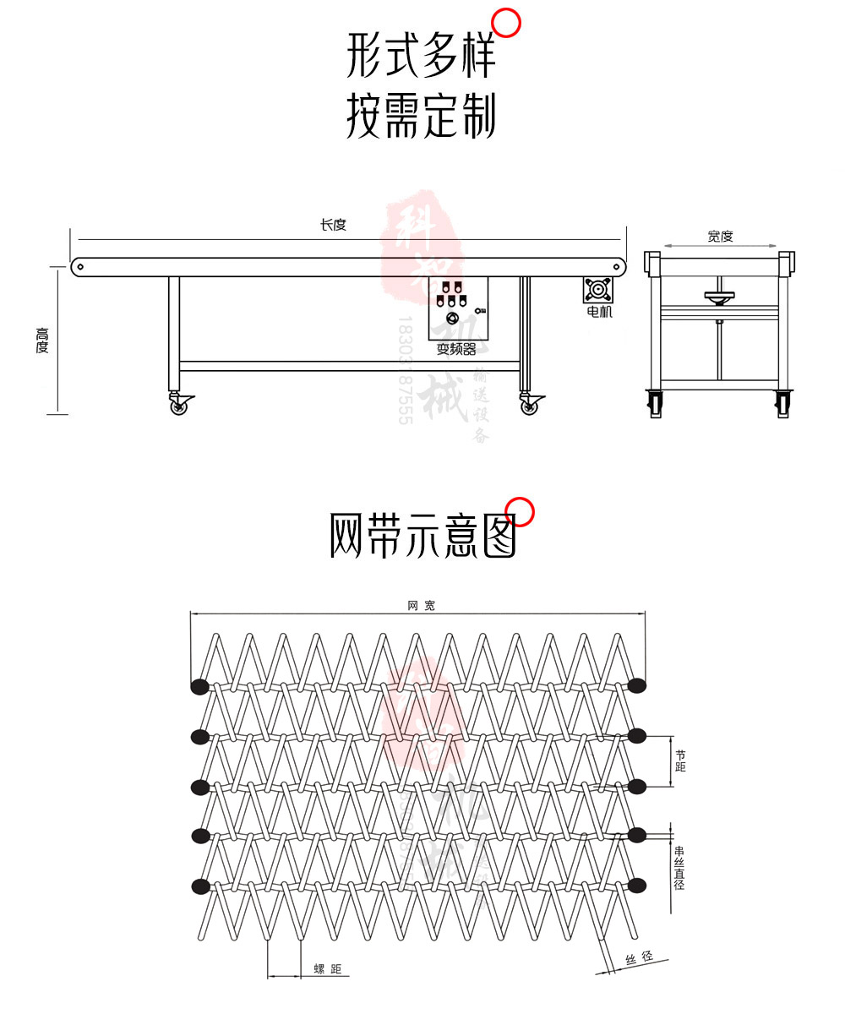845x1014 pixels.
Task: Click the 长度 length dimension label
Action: (x=333, y=225)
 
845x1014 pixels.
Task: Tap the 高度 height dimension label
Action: (x=42, y=340)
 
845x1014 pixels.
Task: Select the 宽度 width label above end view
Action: (x=720, y=237)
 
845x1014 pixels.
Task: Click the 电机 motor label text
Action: (x=599, y=312)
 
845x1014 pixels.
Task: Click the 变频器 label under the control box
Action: (x=456, y=349)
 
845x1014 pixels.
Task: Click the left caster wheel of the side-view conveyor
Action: (x=179, y=406)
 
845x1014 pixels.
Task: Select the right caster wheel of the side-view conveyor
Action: (x=529, y=406)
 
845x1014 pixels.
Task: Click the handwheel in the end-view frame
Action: (x=719, y=296)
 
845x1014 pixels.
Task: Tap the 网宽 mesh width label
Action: (x=421, y=606)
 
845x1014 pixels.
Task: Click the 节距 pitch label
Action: (x=681, y=760)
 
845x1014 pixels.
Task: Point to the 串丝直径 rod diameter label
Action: (x=680, y=868)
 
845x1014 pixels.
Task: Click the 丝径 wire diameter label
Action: (x=639, y=957)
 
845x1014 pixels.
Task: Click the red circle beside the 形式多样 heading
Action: (x=506, y=23)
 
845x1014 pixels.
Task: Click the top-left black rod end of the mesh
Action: (x=199, y=686)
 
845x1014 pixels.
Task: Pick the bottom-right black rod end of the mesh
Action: (x=637, y=886)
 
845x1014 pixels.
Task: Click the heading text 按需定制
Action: (x=421, y=117)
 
